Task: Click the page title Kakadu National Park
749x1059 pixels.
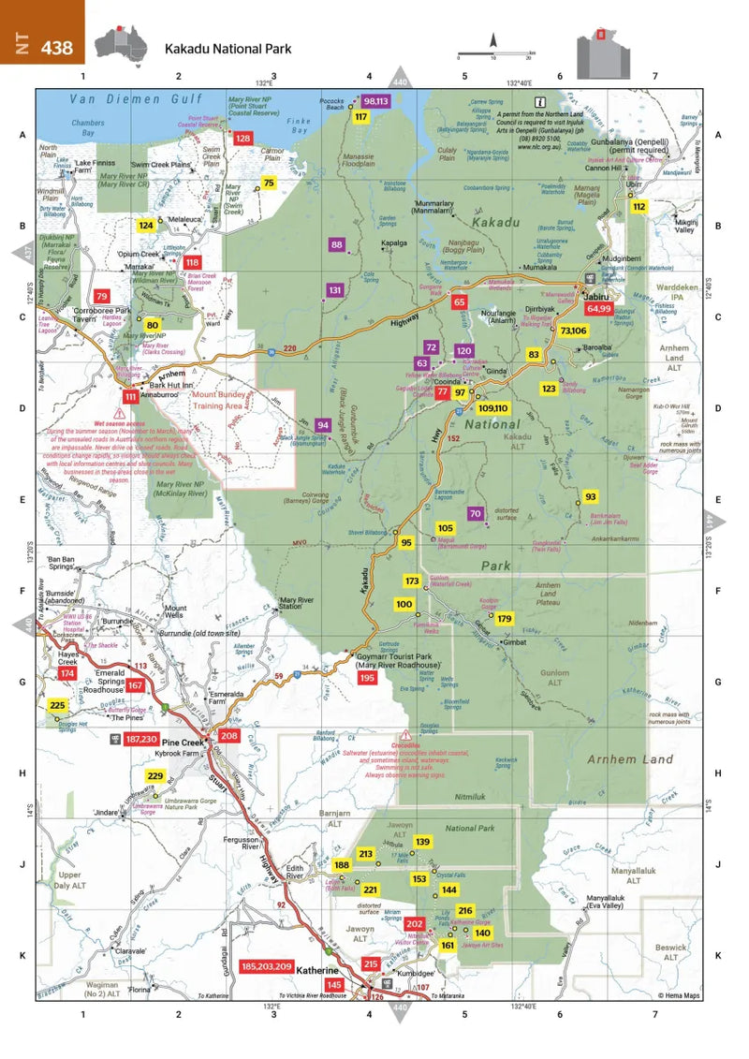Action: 228,49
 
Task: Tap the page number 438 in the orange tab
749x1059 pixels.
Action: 56,48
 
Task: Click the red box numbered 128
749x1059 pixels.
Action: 243,139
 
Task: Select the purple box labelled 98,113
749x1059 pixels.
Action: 376,100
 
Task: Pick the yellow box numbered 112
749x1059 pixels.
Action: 639,206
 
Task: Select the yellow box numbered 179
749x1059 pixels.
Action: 505,619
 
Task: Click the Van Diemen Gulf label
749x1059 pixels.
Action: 126,98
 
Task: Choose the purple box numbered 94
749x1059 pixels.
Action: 322,425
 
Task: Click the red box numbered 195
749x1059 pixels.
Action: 366,677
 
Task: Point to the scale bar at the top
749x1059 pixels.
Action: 494,54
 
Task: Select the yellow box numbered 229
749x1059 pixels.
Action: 155,776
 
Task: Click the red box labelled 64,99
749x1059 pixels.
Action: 598,308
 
